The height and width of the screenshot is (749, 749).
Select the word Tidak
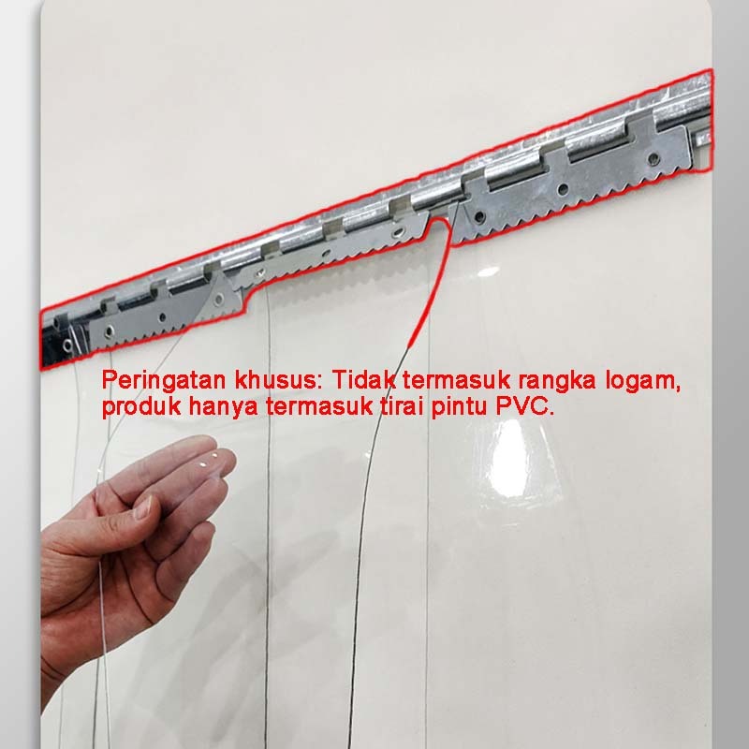click(364, 380)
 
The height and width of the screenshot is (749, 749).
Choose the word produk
click(141, 407)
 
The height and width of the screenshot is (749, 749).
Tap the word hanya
click(224, 407)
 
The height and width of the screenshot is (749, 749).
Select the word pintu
click(459, 407)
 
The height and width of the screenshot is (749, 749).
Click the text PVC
click(524, 406)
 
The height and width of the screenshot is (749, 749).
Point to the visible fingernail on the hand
click(142, 507)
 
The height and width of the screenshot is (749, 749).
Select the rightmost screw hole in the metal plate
click(654, 157)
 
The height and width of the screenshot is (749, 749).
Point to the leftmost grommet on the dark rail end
click(67, 344)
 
